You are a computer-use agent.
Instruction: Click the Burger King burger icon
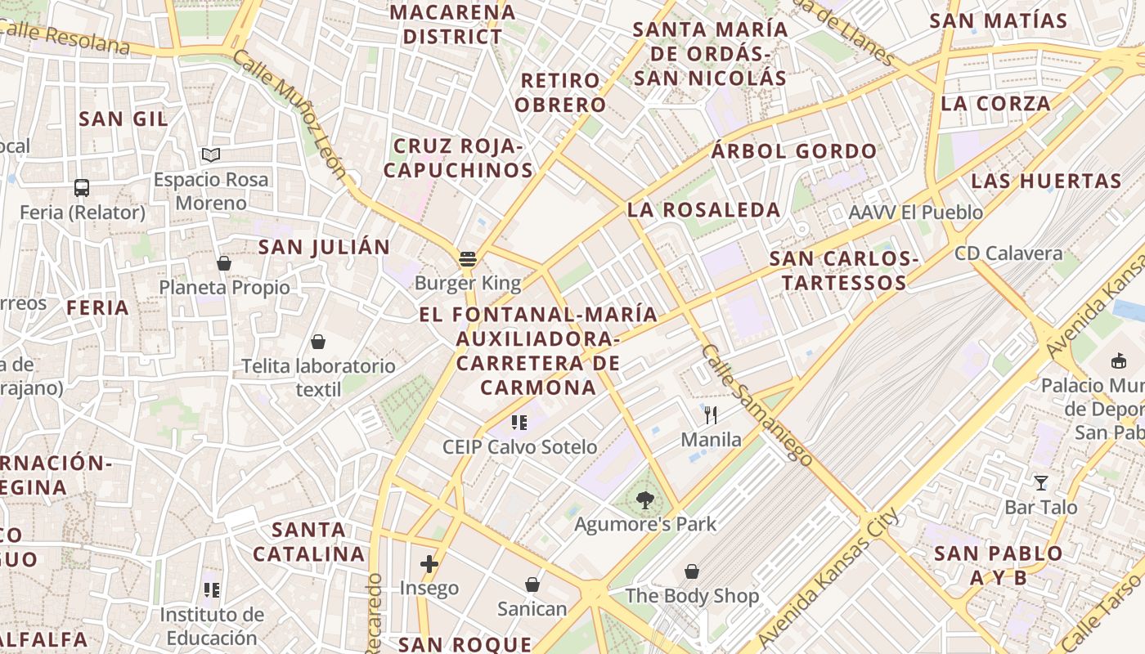coord(468,259)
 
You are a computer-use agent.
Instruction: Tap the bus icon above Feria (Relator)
coord(82,188)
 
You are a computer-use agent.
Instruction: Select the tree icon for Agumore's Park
coord(645,499)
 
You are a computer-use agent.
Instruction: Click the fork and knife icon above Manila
coord(711,415)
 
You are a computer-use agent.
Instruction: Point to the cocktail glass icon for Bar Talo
coord(1040,483)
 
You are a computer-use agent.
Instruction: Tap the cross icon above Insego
coord(429,563)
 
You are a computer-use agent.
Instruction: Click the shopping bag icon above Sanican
coord(532,585)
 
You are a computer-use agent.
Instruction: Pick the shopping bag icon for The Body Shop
coord(692,571)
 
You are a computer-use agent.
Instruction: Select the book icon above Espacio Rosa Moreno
coord(211,155)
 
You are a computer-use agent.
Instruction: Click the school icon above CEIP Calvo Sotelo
coord(519,423)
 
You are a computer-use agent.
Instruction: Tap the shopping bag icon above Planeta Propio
coord(224,263)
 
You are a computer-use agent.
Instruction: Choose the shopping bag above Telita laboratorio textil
coord(318,342)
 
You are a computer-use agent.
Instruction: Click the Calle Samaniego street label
coord(757,405)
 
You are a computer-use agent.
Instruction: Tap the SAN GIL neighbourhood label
coord(123,119)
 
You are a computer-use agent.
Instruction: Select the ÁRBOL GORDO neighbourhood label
coord(793,151)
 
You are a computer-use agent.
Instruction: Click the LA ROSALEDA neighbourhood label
coord(703,209)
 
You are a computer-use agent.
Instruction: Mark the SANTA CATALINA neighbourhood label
coord(309,542)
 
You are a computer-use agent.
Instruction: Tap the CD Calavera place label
coord(1008,253)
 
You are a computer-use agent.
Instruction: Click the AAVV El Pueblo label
coord(916,213)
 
